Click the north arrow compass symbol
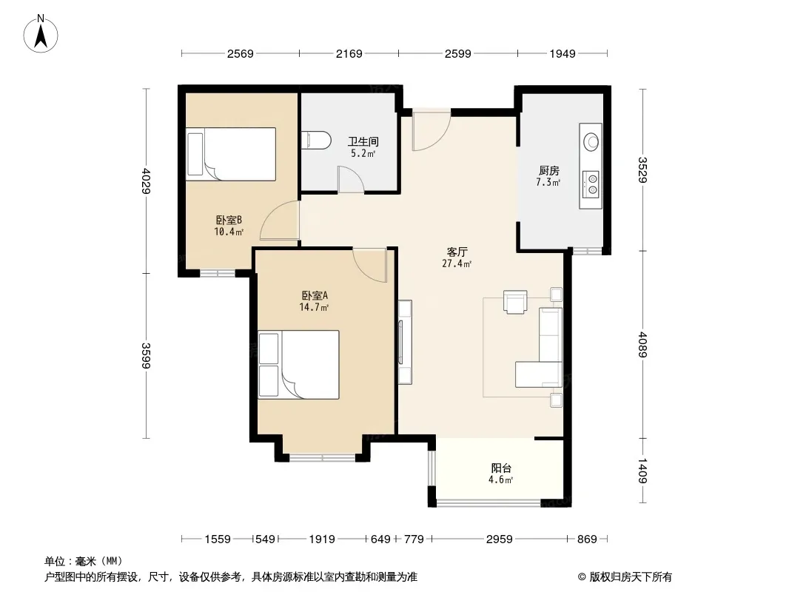click(41, 34)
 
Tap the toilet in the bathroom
click(317, 140)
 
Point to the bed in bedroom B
click(231, 154)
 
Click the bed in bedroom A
click(298, 365)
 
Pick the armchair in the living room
click(515, 301)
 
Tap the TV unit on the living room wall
click(405, 342)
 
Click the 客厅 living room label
click(457, 252)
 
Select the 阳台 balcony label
click(501, 468)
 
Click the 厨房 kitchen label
click(548, 170)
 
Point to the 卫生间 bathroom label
click(363, 141)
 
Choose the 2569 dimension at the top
click(240, 53)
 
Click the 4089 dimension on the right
click(642, 345)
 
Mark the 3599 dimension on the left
click(146, 355)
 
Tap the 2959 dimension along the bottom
click(499, 539)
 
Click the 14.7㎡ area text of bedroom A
click(314, 307)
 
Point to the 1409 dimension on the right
click(642, 471)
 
